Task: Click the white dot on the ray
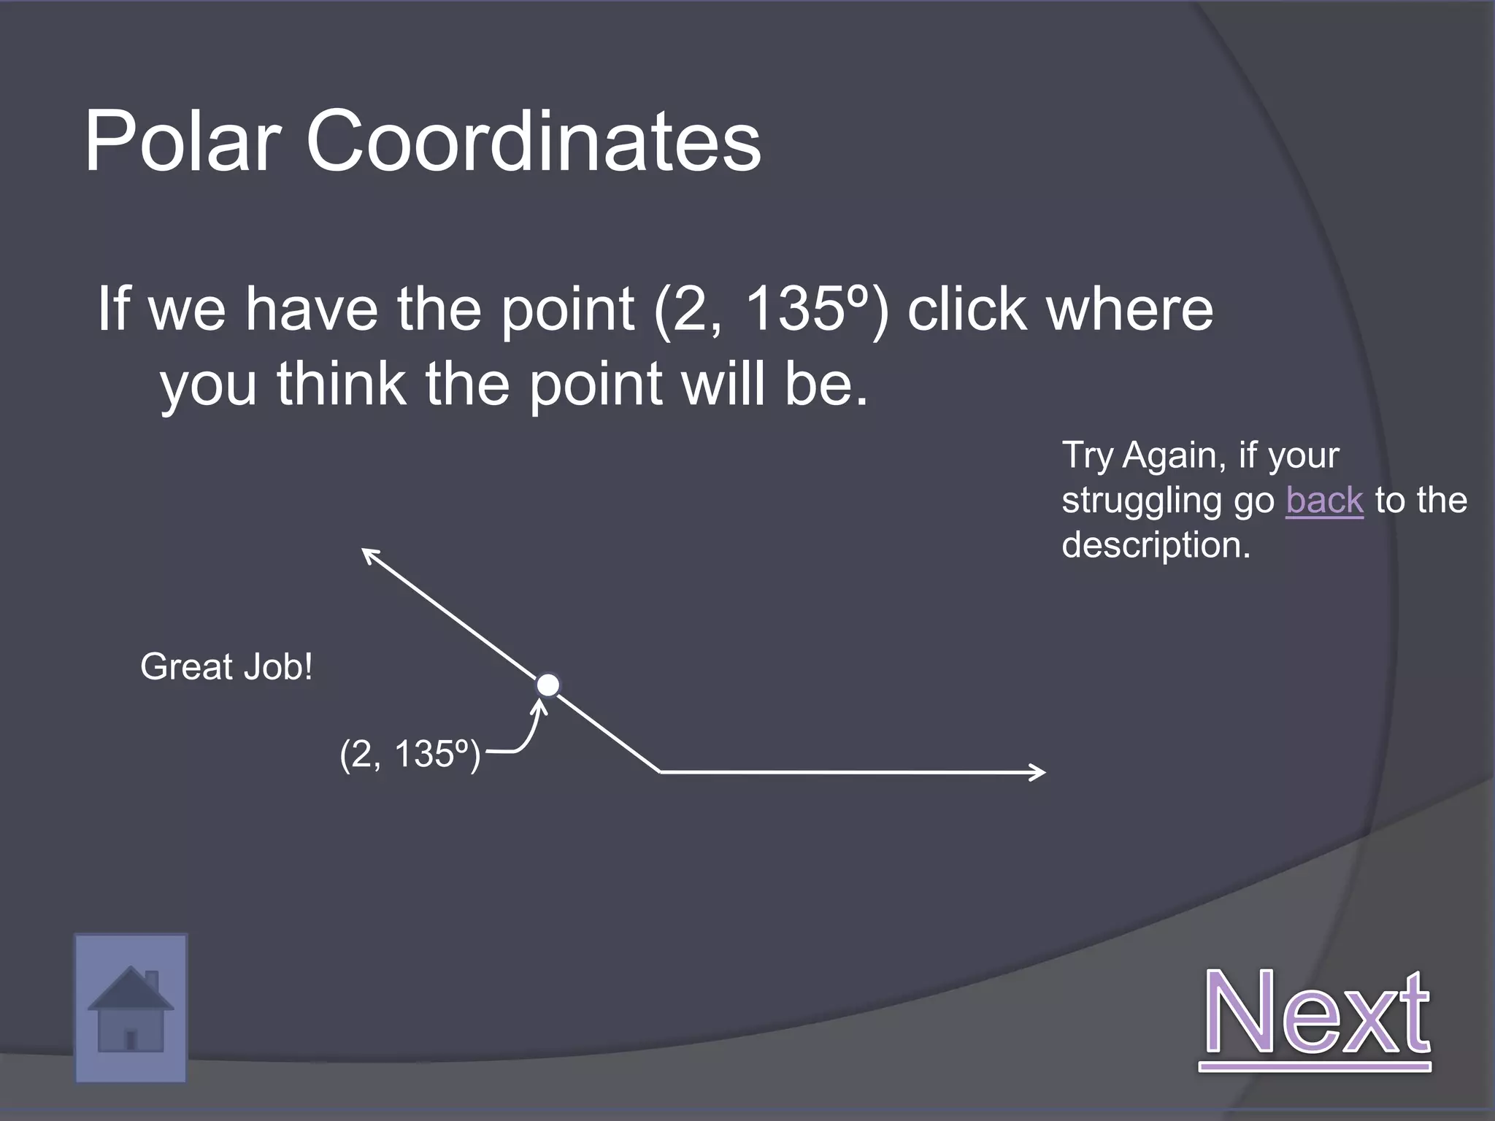[x=547, y=685]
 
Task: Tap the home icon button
[x=131, y=1008]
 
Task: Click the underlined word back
[x=1324, y=501]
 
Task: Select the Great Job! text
[x=226, y=667]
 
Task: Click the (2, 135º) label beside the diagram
[x=410, y=754]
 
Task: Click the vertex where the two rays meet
[x=660, y=771]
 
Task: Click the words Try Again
[x=1139, y=455]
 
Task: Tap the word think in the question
[x=341, y=384]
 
